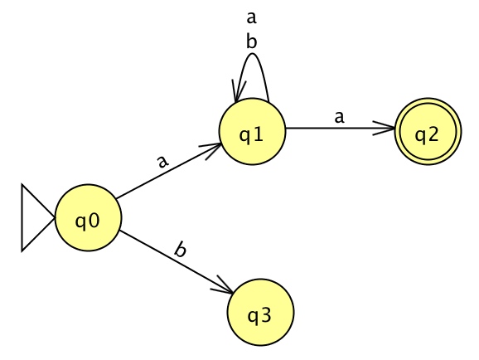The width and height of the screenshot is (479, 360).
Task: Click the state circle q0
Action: pos(88,218)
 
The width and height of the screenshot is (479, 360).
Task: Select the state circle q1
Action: pos(252,132)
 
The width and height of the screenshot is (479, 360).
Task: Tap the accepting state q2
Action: pos(428,132)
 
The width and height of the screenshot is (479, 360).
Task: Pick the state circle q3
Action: pos(260,312)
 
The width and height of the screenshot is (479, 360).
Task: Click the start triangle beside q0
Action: pos(34,218)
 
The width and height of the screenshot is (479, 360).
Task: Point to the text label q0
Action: pos(87,221)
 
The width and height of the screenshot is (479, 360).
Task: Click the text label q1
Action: pos(251,135)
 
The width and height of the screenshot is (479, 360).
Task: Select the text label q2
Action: pos(427,135)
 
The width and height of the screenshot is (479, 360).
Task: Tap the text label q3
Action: pos(259,316)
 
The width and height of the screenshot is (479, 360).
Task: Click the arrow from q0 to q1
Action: pos(168,171)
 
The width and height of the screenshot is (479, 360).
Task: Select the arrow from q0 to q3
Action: pos(176,262)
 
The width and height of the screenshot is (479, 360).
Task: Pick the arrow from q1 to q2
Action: pos(340,128)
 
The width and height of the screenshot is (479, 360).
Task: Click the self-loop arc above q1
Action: pos(252,54)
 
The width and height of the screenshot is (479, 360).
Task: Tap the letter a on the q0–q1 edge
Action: pos(162,162)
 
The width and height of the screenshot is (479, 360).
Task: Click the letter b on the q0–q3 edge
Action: pos(180,250)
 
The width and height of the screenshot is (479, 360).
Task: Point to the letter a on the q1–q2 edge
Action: pos(339,117)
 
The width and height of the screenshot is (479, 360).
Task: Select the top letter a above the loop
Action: pos(251,18)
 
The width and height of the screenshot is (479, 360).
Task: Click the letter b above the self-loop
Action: pos(251,41)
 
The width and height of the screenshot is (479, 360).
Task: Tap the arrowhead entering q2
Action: pos(385,128)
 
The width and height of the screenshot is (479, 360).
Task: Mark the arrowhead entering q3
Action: pos(222,285)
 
